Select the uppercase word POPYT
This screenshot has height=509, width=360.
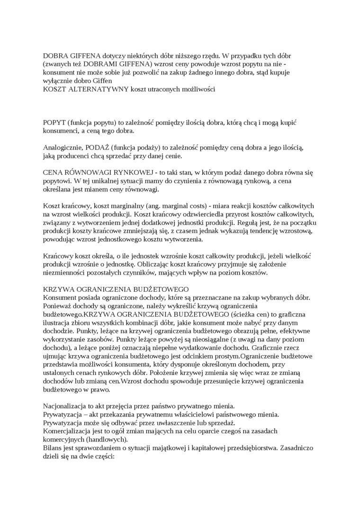55,122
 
